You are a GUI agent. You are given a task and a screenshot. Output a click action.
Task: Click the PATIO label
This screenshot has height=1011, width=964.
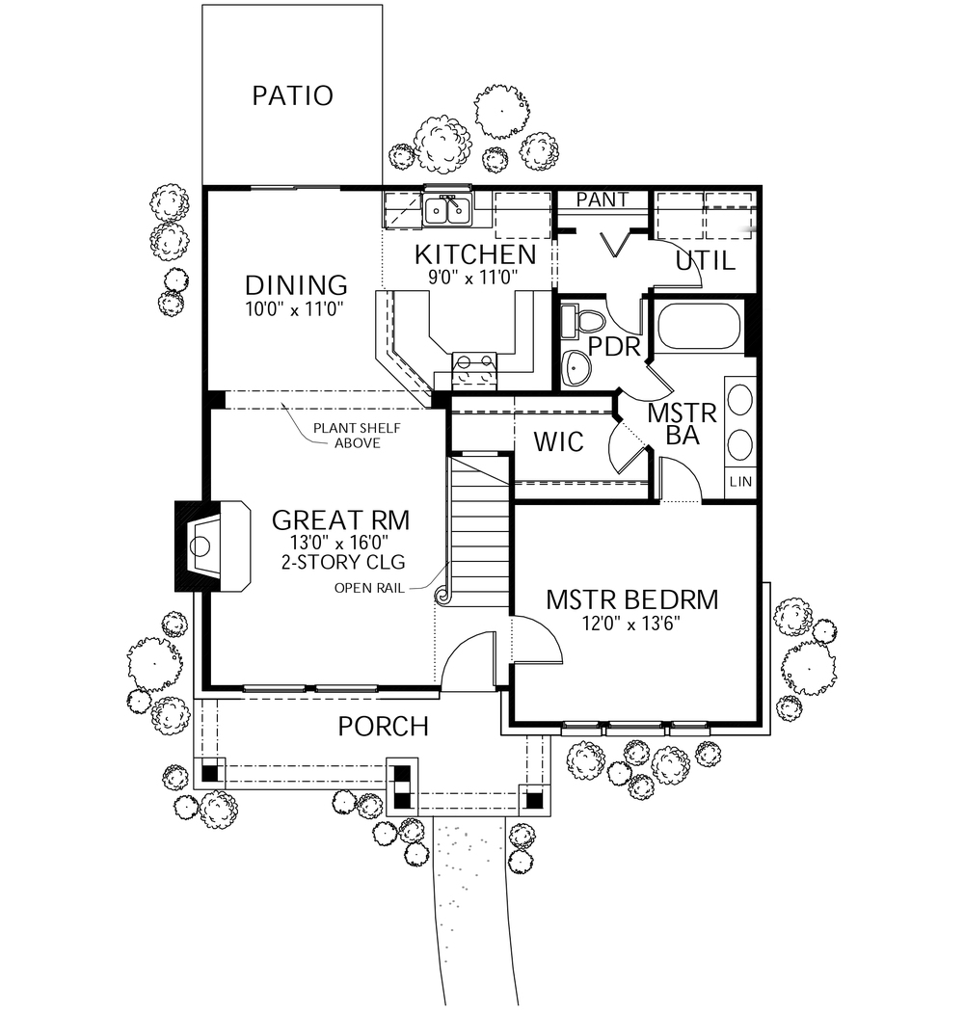(292, 96)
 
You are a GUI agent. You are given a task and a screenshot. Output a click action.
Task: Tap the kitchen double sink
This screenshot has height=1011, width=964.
(446, 208)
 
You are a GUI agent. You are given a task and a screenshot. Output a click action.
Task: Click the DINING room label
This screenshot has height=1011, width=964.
(296, 285)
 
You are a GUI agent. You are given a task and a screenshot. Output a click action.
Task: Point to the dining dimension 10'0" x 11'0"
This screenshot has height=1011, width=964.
(296, 308)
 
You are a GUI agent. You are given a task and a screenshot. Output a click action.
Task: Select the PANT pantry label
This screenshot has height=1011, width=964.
(602, 200)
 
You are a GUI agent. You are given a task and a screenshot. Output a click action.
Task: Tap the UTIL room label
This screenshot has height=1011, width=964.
(705, 260)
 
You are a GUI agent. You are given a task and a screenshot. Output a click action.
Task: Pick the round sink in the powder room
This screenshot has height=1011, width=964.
(577, 366)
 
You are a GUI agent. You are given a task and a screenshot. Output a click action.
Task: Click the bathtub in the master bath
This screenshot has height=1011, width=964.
(699, 326)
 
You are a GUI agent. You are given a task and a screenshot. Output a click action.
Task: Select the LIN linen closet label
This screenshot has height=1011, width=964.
(740, 481)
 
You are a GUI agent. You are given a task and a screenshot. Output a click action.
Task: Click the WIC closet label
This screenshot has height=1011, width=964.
(559, 442)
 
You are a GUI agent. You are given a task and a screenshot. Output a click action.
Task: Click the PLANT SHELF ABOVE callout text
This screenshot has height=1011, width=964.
(344, 436)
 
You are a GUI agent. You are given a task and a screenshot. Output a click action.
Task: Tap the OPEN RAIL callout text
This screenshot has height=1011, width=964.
(368, 587)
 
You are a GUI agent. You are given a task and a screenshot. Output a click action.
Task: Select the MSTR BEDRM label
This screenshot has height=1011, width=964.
(631, 599)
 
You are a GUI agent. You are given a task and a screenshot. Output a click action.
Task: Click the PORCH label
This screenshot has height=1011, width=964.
(383, 726)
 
